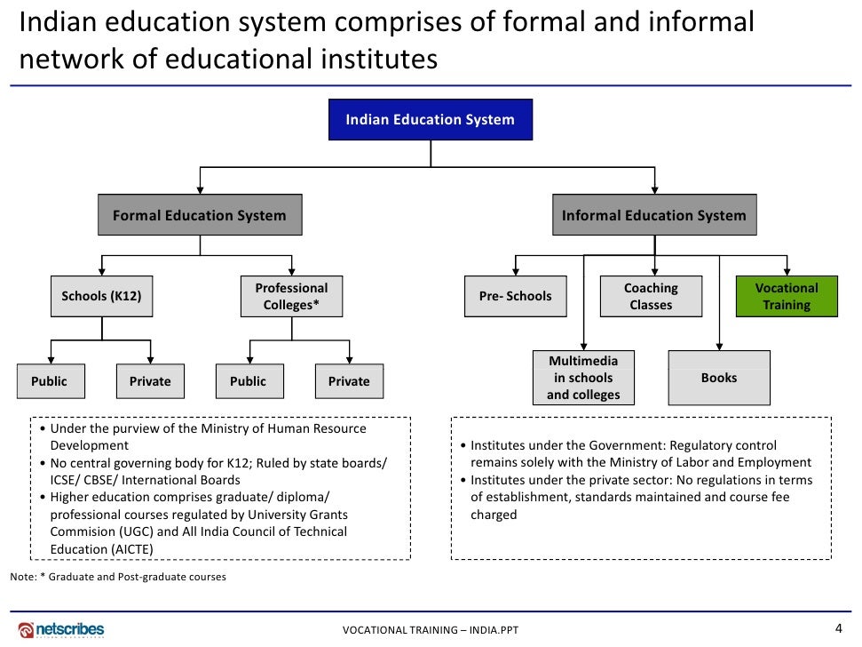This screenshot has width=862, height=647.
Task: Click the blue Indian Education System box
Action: [x=431, y=120]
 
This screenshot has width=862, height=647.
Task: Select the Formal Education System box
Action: [x=200, y=215]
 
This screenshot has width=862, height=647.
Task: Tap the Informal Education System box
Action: [x=654, y=215]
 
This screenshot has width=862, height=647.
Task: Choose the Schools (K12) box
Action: [x=101, y=296]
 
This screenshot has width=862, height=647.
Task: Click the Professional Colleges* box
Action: [x=291, y=296]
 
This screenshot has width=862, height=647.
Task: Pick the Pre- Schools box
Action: [x=515, y=296]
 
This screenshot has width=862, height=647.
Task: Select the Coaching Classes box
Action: [x=651, y=296]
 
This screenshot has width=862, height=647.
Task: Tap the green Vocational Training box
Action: [x=787, y=296]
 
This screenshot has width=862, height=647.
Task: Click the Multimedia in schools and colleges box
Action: [x=583, y=378]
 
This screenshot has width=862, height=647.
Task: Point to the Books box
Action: [x=719, y=378]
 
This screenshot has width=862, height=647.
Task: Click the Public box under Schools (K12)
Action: [x=49, y=381]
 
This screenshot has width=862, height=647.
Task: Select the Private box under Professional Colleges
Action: [x=349, y=381]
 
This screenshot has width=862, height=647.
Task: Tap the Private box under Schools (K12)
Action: [x=150, y=381]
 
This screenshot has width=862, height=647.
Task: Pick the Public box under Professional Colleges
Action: [x=249, y=381]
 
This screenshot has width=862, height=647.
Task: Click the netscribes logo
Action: [x=61, y=629]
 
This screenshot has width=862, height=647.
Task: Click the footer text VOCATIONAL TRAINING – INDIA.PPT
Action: [x=431, y=631]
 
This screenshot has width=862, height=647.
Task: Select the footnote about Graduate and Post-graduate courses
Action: [x=118, y=577]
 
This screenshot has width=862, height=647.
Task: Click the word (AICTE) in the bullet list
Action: [x=132, y=549]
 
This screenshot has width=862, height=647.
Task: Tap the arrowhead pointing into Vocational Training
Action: [x=787, y=270]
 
